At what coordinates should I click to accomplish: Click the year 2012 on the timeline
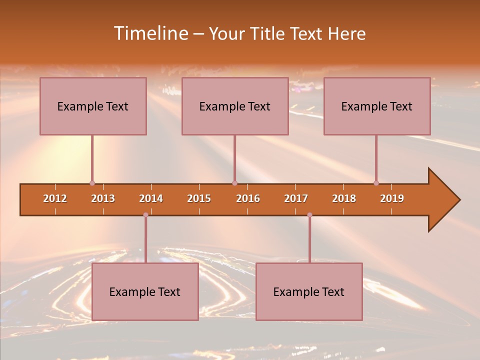pyautogui.click(x=55, y=198)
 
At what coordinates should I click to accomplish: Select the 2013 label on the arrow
pyautogui.click(x=103, y=198)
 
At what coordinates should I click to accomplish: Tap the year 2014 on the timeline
pyautogui.click(x=151, y=198)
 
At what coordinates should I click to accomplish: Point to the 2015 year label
pyautogui.click(x=199, y=198)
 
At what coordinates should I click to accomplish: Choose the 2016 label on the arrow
pyautogui.click(x=248, y=198)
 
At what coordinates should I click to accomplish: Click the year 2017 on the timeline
pyautogui.click(x=296, y=198)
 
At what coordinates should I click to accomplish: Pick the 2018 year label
pyautogui.click(x=344, y=198)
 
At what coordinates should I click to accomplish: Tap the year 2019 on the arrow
pyautogui.click(x=392, y=198)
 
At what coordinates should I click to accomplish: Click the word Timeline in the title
pyautogui.click(x=150, y=33)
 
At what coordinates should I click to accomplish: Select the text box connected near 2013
pyautogui.click(x=93, y=106)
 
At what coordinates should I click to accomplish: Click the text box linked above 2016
pyautogui.click(x=235, y=106)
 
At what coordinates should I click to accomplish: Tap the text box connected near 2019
pyautogui.click(x=377, y=106)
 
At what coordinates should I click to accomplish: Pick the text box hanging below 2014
pyautogui.click(x=145, y=291)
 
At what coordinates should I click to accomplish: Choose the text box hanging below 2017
pyautogui.click(x=309, y=291)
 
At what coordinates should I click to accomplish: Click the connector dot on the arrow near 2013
pyautogui.click(x=92, y=183)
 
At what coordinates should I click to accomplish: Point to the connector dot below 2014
pyautogui.click(x=145, y=215)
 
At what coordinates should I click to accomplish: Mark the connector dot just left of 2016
pyautogui.click(x=234, y=183)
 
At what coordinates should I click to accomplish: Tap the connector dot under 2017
pyautogui.click(x=309, y=215)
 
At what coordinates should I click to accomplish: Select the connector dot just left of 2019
pyautogui.click(x=376, y=183)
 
